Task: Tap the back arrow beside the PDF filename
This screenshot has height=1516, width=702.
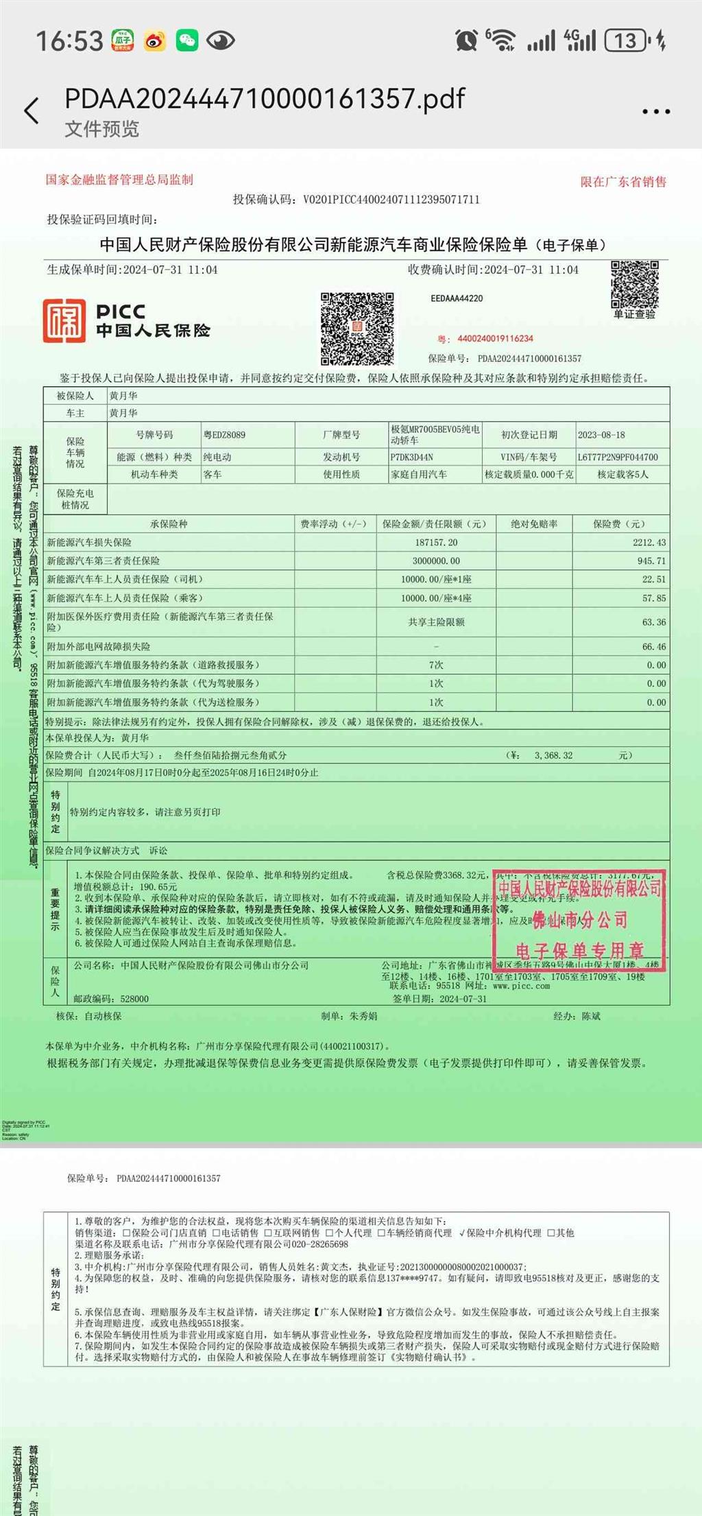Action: (32, 110)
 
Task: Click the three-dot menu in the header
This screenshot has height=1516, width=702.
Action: (655, 111)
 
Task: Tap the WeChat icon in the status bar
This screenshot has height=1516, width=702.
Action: (186, 41)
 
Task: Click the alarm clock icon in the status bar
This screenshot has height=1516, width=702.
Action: (466, 40)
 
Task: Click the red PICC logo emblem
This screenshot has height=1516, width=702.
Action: (64, 320)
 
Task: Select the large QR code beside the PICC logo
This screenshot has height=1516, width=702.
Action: (356, 329)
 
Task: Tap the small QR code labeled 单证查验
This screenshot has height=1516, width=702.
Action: (634, 284)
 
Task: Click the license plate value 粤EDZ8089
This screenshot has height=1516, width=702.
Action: (224, 435)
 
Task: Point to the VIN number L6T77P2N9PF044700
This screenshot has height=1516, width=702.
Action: (618, 457)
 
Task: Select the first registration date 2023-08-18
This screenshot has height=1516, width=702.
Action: (601, 435)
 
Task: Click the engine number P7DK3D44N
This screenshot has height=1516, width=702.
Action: (411, 457)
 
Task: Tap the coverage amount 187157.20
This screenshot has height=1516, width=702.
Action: (436, 542)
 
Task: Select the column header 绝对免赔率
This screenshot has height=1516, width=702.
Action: (534, 524)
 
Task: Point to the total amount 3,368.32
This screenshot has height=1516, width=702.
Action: (553, 755)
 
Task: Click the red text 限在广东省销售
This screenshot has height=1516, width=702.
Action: (623, 182)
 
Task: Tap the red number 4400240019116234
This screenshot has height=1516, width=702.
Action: (495, 339)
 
